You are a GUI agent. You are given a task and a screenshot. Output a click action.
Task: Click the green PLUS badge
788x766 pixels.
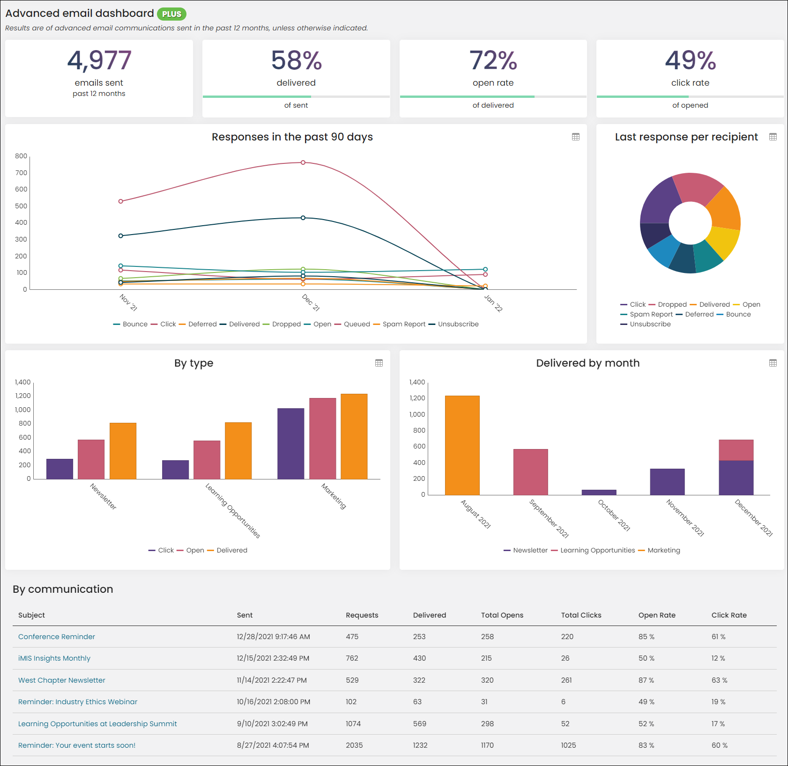(x=171, y=14)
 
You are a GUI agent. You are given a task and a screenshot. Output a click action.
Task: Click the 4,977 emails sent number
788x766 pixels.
(x=99, y=60)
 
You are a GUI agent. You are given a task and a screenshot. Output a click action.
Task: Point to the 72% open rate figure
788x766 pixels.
(x=493, y=60)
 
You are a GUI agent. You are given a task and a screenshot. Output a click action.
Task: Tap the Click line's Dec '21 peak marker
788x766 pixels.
(x=303, y=162)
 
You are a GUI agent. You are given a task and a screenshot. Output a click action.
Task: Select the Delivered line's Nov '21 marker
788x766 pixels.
(x=121, y=236)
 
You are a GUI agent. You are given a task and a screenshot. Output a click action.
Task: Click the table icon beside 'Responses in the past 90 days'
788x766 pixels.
(x=576, y=137)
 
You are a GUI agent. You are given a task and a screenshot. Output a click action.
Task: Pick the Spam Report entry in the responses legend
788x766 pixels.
(x=400, y=324)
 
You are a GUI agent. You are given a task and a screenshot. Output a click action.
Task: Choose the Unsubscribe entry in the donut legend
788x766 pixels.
(x=646, y=324)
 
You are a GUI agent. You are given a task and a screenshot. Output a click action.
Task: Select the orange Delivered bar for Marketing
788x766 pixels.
(x=354, y=436)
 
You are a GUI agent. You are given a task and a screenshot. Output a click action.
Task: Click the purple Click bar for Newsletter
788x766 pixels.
(x=59, y=469)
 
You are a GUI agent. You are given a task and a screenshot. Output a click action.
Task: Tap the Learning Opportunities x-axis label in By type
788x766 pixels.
(x=233, y=510)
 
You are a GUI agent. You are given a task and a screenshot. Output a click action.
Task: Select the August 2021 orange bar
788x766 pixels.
(x=462, y=445)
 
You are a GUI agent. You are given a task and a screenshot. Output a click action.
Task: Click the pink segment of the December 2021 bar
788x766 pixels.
(x=736, y=450)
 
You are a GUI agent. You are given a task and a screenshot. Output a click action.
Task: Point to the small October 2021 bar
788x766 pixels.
(x=599, y=492)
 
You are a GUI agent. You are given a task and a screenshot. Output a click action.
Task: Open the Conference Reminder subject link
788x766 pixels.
(x=57, y=637)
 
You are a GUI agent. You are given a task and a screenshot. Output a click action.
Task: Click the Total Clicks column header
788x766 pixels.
(x=581, y=615)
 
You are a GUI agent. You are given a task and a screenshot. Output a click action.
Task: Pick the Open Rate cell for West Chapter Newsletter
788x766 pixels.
(x=646, y=680)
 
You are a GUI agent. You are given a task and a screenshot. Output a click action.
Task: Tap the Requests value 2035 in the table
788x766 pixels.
(x=354, y=745)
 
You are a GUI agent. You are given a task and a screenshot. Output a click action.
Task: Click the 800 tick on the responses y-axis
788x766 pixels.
(x=21, y=156)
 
